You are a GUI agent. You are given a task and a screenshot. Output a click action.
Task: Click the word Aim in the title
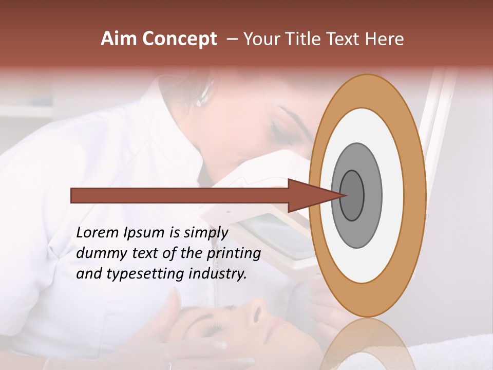point(118,39)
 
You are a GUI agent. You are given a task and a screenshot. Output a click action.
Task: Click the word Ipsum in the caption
point(143,232)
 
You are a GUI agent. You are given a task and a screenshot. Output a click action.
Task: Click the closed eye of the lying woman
point(212,328)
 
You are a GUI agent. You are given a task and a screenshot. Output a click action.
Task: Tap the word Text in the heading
point(347,39)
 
